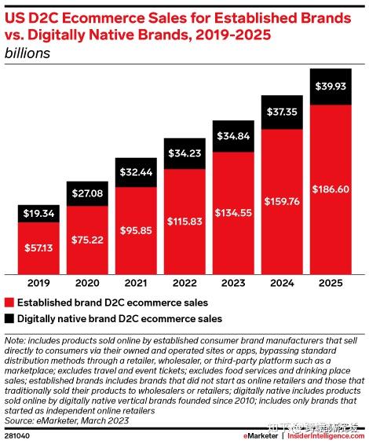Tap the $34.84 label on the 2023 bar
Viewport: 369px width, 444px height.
233,136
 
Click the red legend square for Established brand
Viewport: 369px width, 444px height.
9,303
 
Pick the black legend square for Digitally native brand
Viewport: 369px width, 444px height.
9,319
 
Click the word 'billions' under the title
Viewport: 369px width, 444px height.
28,53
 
